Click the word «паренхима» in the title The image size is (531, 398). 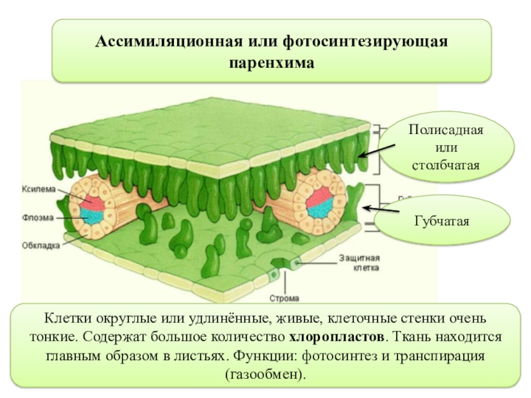[x=271, y=64]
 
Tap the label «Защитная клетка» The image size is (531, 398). [x=360, y=263]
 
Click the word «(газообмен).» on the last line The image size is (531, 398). [x=265, y=374]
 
